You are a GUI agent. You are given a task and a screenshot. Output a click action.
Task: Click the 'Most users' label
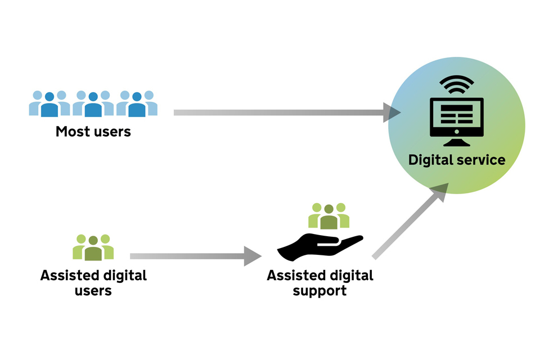93,132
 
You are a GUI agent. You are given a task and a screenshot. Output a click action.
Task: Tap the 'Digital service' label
457,160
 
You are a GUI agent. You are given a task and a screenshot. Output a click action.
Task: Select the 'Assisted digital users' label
93,283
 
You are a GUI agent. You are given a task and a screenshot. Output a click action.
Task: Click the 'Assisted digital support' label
319,283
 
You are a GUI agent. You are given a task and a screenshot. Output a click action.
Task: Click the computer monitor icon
456,116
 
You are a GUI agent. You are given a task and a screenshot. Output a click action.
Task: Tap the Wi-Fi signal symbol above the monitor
456,84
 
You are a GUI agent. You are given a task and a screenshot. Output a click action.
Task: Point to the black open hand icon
319,245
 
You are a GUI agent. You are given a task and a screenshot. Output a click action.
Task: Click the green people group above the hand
329,216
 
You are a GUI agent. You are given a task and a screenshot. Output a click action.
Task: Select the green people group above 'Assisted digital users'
93,247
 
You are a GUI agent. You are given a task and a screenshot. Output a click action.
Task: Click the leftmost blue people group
49,103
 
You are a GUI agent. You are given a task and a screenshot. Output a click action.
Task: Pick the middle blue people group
93,103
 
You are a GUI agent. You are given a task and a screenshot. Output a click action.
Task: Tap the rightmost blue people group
137,103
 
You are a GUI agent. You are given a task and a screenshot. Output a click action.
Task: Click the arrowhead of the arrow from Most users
391,112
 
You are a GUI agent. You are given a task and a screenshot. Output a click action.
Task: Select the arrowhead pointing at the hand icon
253,256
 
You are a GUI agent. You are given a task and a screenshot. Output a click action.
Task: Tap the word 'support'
319,291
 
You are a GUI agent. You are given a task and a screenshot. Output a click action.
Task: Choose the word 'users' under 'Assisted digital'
93,291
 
